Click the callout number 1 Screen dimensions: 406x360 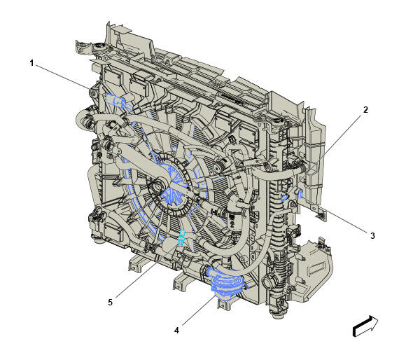click(x=31, y=63)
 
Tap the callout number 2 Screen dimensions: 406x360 click(x=365, y=110)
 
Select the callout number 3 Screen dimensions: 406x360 click(x=372, y=236)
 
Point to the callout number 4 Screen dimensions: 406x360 click(x=176, y=331)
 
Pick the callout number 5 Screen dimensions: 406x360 click(x=111, y=302)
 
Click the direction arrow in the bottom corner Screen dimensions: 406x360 click(x=365, y=326)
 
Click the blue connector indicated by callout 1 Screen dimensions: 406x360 click(x=115, y=100)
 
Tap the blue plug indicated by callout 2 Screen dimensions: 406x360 click(x=283, y=198)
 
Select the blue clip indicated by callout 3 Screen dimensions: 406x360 click(x=301, y=193)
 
